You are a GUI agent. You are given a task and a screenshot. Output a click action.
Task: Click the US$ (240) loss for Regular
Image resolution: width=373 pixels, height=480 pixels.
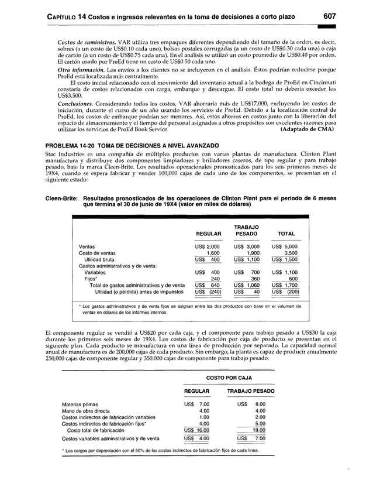(208, 291)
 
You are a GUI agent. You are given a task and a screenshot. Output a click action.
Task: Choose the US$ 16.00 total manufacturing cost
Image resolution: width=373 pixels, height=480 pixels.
(196, 430)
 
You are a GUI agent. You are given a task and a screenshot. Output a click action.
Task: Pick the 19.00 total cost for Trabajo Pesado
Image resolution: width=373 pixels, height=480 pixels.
(256, 430)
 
